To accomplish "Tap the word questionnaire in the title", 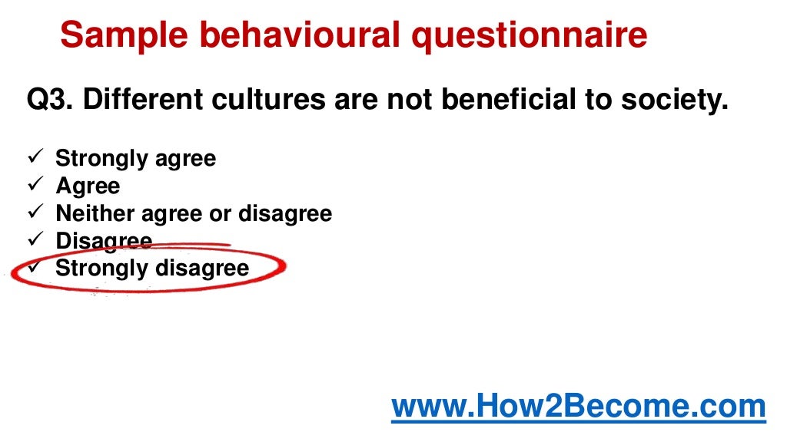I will (528, 35).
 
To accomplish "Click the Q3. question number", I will (49, 101).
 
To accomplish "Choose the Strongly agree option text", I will (135, 160).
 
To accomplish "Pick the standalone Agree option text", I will (88, 186).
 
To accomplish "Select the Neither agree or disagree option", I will (194, 213).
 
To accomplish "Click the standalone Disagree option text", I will (104, 241).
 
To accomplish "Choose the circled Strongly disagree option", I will (152, 269).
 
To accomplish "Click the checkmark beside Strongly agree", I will (35, 159).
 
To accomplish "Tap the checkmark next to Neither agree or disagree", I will (35, 213).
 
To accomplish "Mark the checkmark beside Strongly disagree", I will (35, 268).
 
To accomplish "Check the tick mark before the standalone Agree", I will (35, 186).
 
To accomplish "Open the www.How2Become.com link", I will (579, 407).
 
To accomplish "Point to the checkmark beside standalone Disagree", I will (35, 240).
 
